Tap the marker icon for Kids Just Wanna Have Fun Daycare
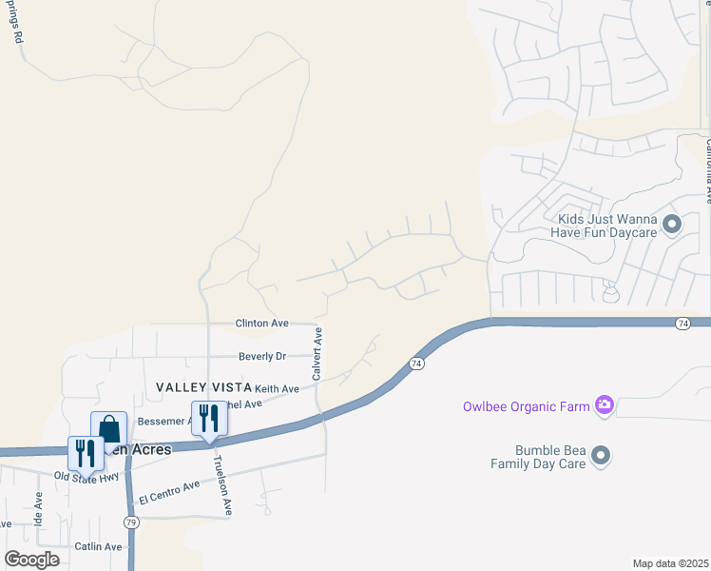(x=672, y=226)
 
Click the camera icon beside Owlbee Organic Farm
(x=604, y=406)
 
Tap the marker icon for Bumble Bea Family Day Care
(x=600, y=457)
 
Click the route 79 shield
(x=130, y=522)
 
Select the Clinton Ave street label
(x=261, y=324)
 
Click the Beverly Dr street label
(x=261, y=356)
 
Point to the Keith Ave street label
(x=277, y=388)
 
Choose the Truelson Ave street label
(x=223, y=485)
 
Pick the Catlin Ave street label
(x=100, y=547)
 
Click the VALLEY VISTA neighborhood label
(x=198, y=387)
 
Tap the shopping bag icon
(x=109, y=429)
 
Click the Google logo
(x=32, y=560)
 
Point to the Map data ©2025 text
(x=670, y=563)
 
